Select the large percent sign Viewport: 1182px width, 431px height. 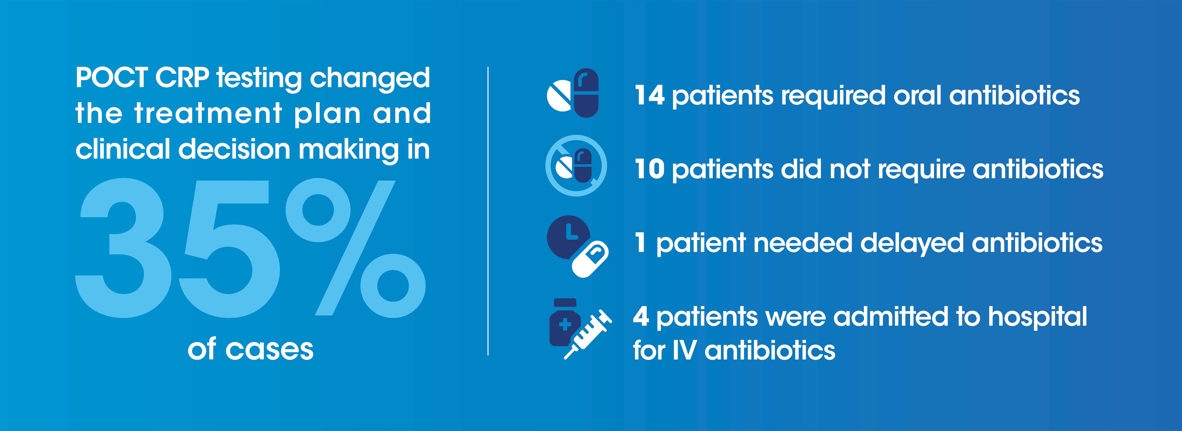click(356, 248)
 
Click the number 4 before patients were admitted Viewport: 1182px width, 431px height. click(641, 317)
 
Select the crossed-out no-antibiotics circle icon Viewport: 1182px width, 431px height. click(576, 166)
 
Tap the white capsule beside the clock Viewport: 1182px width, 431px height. click(590, 259)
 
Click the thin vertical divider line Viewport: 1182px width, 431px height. click(488, 211)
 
